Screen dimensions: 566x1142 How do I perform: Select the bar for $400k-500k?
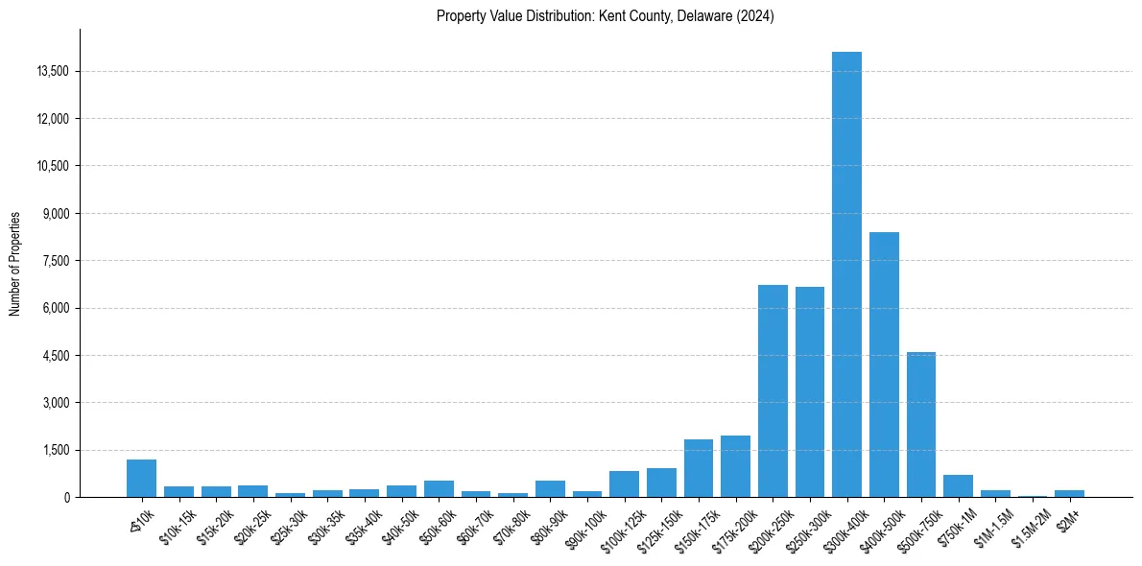pos(884,365)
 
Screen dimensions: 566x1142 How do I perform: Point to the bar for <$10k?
pos(141,479)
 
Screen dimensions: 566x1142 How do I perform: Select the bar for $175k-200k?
pos(735,466)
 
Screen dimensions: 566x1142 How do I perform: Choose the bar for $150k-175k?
pos(699,468)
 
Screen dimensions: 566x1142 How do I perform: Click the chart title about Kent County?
pos(605,16)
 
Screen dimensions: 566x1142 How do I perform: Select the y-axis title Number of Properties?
pos(15,263)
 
